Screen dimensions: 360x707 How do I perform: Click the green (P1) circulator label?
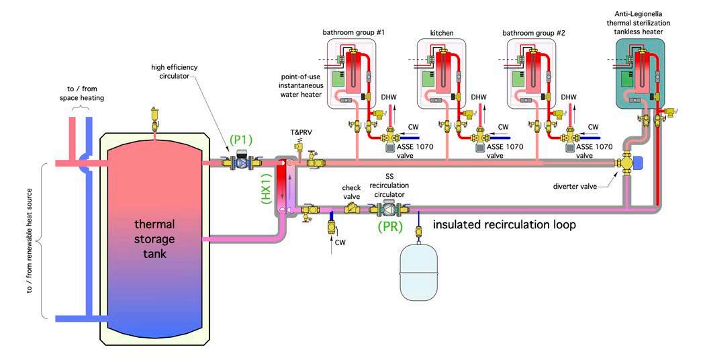coord(241,139)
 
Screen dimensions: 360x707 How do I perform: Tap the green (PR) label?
coord(389,227)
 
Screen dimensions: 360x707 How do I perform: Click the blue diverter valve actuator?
coord(638,163)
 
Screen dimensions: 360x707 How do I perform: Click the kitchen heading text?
coord(441,32)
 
